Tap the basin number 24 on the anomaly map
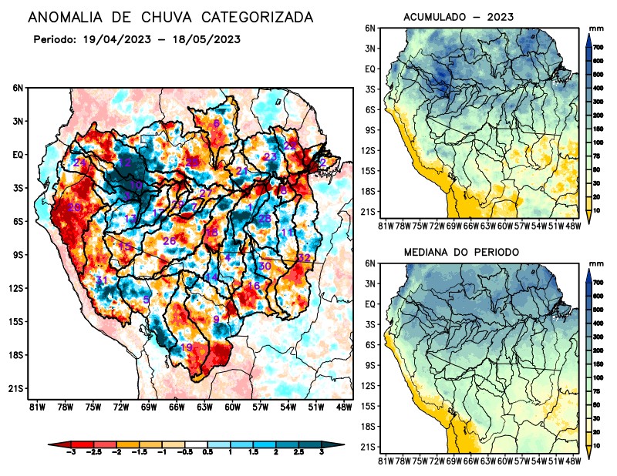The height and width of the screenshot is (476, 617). (x=79, y=163)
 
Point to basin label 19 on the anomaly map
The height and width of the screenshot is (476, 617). (x=186, y=348)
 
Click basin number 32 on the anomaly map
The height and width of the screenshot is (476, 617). (x=304, y=257)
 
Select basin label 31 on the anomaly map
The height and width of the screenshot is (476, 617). (x=101, y=280)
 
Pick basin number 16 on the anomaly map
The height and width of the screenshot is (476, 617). (x=253, y=286)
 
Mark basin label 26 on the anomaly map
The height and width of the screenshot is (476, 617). (x=170, y=242)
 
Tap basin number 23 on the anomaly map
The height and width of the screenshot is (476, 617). (x=271, y=157)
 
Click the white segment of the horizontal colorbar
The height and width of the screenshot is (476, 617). (x=196, y=445)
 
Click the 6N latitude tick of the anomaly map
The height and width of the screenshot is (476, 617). (x=18, y=88)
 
